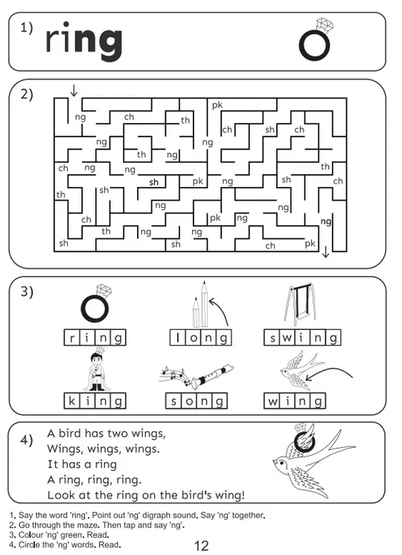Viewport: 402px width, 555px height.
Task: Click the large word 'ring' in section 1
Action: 84,42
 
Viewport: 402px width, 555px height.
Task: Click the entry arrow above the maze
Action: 74,90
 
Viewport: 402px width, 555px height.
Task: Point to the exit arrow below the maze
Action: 325,252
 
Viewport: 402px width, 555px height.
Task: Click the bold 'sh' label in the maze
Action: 153,183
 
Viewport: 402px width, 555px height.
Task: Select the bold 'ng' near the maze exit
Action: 325,222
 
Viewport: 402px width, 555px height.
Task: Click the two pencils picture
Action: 200,305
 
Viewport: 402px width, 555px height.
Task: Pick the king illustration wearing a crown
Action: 96,369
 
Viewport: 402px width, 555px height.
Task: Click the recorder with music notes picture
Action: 196,376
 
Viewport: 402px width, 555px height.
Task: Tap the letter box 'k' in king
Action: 71,401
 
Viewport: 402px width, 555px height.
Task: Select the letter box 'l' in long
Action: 178,337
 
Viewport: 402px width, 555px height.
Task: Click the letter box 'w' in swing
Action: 287,337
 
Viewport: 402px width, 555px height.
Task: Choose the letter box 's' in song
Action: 173,401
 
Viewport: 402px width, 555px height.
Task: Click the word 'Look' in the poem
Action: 62,495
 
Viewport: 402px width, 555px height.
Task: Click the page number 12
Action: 202,545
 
